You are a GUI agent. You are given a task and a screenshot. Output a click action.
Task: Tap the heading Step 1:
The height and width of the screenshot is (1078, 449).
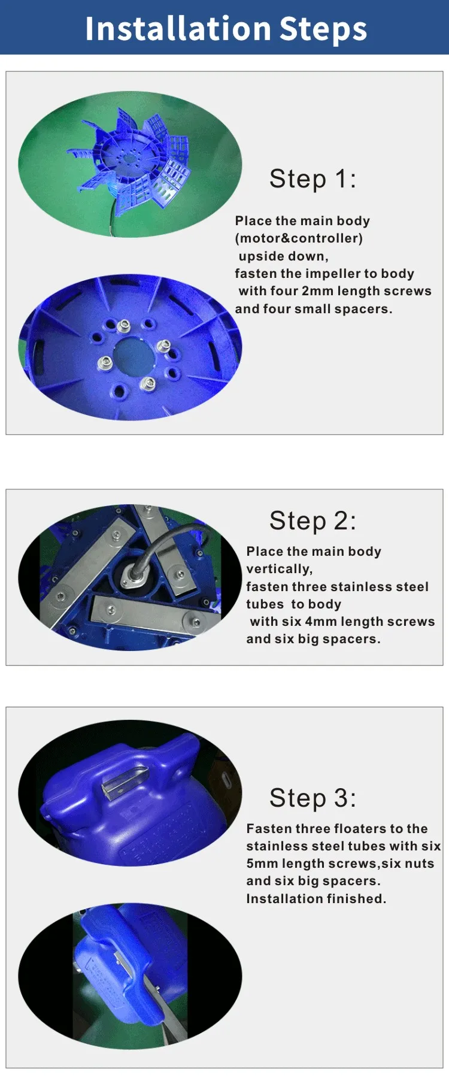(x=313, y=179)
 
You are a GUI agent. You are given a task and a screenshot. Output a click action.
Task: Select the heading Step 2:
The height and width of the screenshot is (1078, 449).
(x=313, y=521)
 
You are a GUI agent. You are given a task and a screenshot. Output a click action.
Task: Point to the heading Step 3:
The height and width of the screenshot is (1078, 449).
(x=313, y=798)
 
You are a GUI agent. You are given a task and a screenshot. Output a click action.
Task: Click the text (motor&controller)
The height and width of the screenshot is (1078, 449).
(x=299, y=238)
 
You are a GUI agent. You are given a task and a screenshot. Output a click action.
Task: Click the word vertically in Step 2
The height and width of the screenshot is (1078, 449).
(x=279, y=570)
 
